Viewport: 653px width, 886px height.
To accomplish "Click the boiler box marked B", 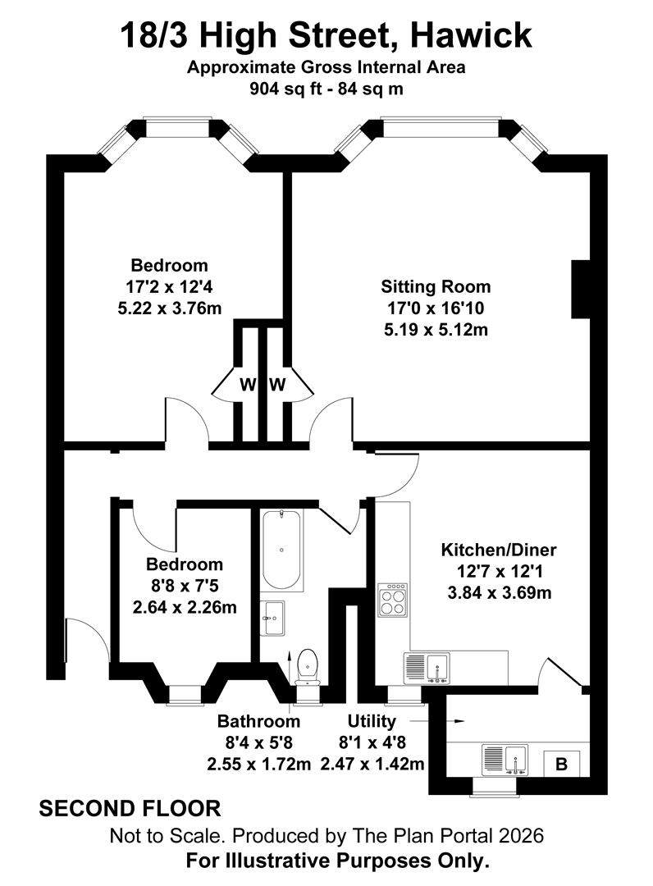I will pos(562,764).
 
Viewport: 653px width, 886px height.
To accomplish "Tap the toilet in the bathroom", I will pos(308,665).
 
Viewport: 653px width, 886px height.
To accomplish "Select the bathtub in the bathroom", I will pos(281,550).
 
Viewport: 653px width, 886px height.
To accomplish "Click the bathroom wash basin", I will pos(273,617).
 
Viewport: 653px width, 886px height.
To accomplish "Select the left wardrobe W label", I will pos(247,385).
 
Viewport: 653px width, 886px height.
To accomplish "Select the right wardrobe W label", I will pos(277,385).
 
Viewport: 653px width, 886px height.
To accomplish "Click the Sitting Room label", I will pos(436,286).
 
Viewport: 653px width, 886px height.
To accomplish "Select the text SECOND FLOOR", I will pos(130,808).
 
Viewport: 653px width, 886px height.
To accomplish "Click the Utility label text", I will pos(372,721).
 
